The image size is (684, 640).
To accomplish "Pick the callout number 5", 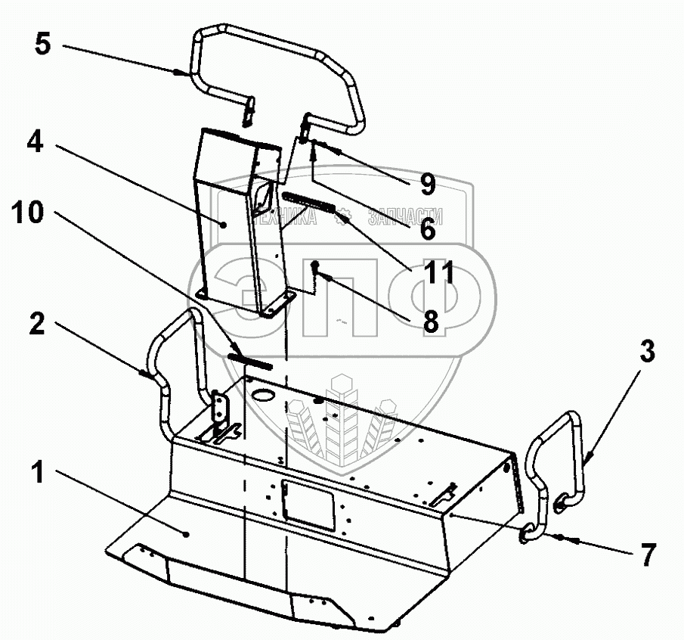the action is (42, 44).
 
